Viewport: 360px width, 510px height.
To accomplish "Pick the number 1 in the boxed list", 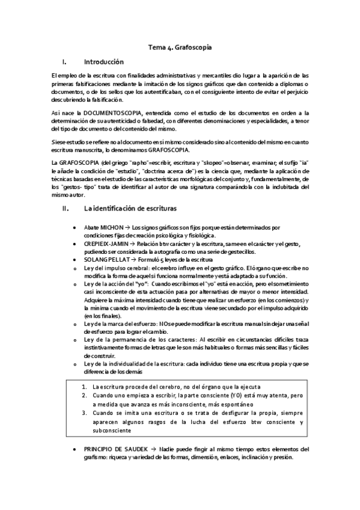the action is (x=83, y=386).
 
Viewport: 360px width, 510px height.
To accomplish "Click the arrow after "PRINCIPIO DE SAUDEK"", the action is (x=154, y=449).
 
